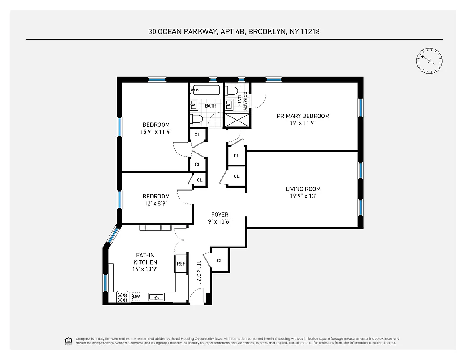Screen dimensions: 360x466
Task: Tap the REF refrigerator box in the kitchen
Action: [x=181, y=264]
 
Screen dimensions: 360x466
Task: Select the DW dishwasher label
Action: [x=136, y=297]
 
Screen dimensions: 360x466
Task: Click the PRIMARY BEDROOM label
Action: [x=303, y=116]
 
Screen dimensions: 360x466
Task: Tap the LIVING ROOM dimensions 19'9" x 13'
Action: [x=303, y=196]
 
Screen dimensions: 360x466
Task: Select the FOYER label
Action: [x=219, y=215]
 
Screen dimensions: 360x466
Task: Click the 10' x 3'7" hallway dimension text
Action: [x=199, y=272]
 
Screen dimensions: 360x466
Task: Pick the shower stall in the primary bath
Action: [x=237, y=120]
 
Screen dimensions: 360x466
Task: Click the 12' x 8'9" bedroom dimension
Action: [x=156, y=203]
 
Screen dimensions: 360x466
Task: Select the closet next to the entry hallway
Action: [x=220, y=261]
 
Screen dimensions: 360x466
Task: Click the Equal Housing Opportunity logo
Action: [x=69, y=340]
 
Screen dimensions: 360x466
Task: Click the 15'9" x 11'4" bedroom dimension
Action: [x=156, y=132]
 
